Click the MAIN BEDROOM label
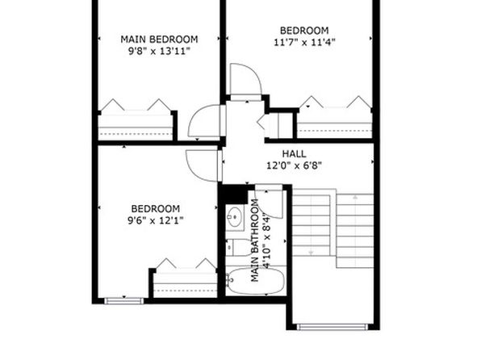click(159, 40)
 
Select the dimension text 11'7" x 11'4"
click(304, 42)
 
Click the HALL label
click(294, 153)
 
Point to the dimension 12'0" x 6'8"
click(294, 165)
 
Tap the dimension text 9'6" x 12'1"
click(156, 220)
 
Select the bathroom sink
click(235, 217)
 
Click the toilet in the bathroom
click(239, 247)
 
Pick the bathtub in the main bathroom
click(257, 281)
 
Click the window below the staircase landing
click(333, 327)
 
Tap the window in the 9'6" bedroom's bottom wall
click(124, 301)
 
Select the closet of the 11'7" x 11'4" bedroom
click(335, 123)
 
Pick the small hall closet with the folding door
click(278, 126)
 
